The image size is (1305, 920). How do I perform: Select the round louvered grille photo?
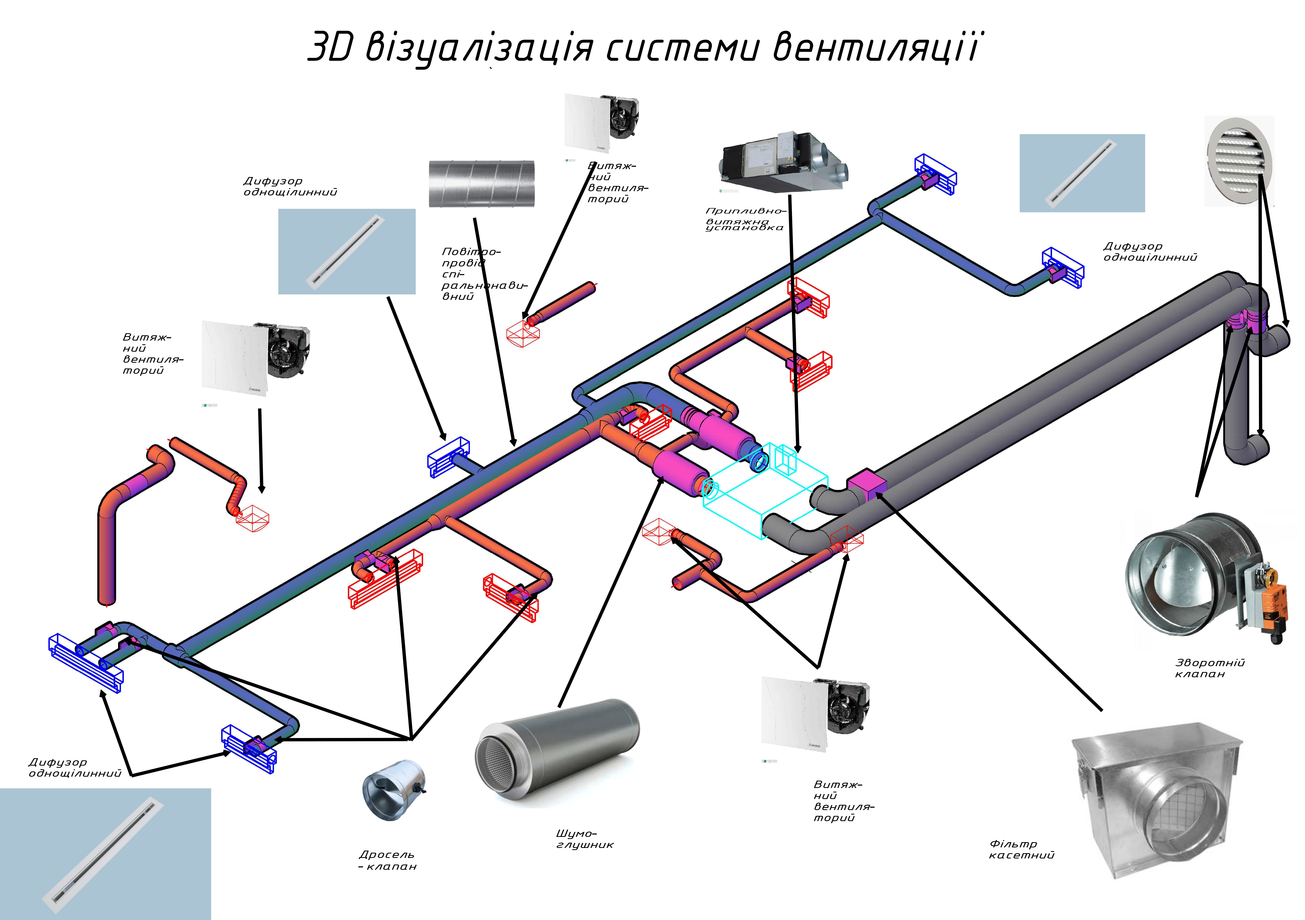(x=1239, y=161)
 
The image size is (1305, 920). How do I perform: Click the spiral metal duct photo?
(x=481, y=184)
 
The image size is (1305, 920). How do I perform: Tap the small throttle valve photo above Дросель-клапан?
(x=393, y=790)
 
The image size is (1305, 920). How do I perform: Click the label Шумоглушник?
(x=584, y=839)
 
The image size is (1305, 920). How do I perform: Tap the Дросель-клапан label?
(x=388, y=860)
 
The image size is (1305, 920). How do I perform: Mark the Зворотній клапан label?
(x=1210, y=668)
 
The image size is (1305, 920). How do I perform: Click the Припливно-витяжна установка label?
(x=745, y=219)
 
